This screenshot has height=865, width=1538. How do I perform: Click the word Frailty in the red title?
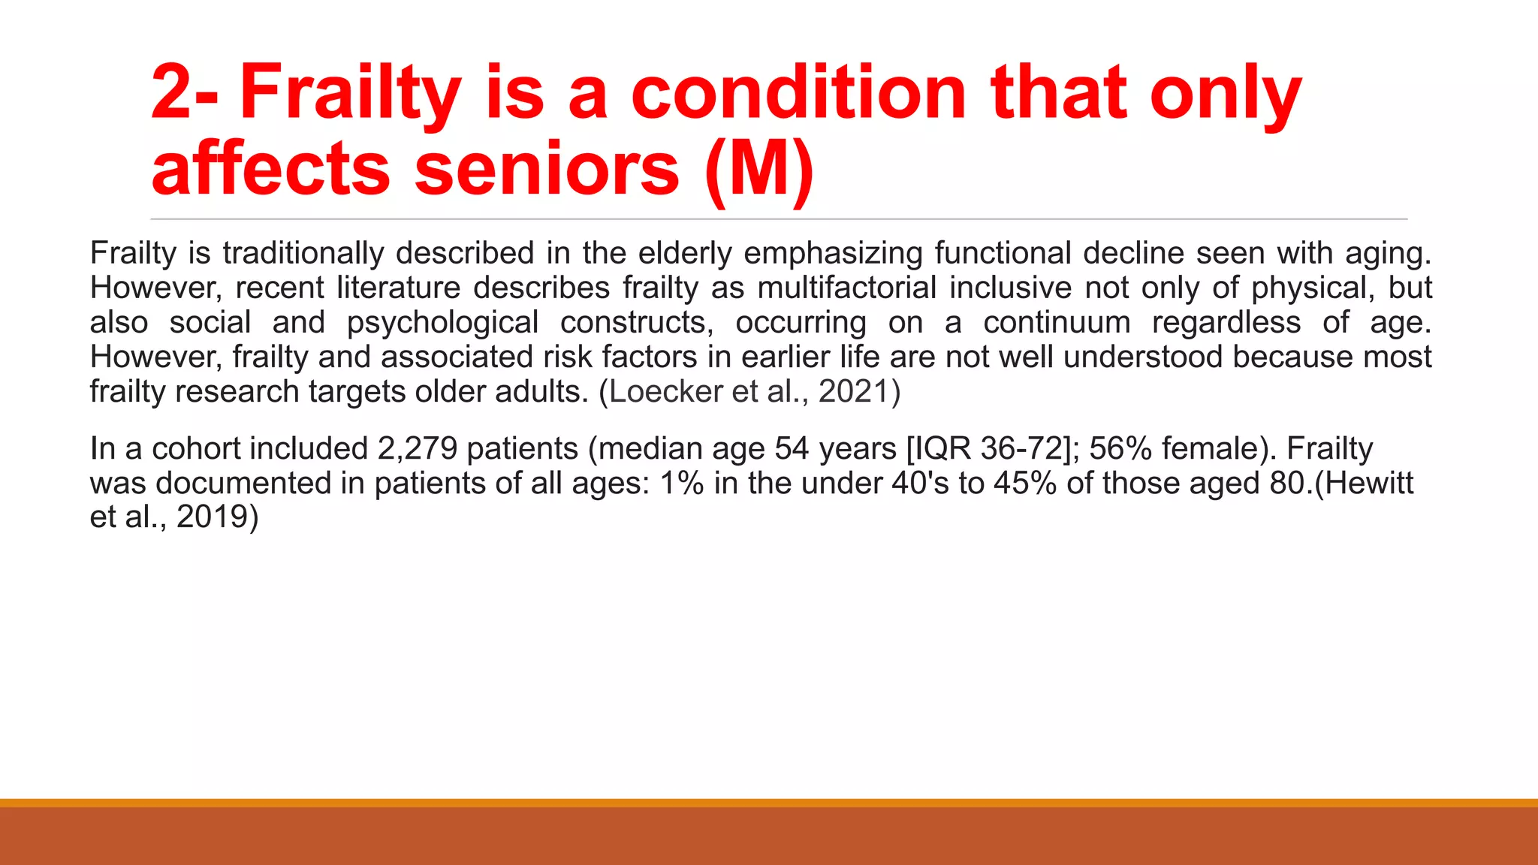[x=349, y=94]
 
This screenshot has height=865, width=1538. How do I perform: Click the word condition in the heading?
[x=798, y=94]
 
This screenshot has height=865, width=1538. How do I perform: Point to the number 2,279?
[x=418, y=449]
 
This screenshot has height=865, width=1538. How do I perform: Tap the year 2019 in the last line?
[x=212, y=517]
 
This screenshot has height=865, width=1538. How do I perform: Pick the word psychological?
[x=442, y=323]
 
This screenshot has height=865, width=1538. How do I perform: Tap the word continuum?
[x=1057, y=323]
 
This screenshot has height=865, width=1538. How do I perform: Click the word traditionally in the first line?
[x=303, y=254]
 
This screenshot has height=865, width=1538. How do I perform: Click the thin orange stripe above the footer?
[x=769, y=803]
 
